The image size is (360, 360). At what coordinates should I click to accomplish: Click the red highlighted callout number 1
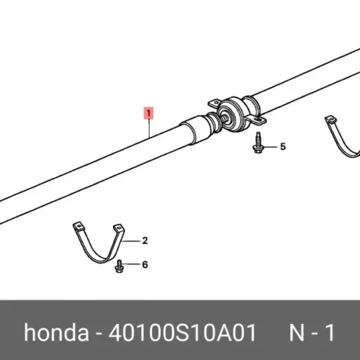[x=148, y=113]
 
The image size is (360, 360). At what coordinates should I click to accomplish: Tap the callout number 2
[x=145, y=240]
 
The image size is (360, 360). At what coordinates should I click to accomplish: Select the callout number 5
[x=283, y=146]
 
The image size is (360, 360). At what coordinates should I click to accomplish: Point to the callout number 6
[x=145, y=264]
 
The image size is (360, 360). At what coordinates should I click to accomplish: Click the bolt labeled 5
[x=258, y=143]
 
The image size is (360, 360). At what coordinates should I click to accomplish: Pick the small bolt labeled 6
[x=119, y=266]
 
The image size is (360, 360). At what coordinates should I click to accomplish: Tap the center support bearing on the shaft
[x=236, y=114]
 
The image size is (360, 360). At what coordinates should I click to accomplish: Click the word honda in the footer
[x=56, y=332]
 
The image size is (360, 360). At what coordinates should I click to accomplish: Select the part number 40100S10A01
[x=182, y=333]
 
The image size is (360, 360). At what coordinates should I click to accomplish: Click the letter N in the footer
[x=297, y=333]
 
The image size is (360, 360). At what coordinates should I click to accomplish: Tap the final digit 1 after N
[x=330, y=333]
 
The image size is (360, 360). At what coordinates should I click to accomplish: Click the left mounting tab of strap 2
[x=78, y=226]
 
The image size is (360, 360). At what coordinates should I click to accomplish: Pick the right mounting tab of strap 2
[x=119, y=228]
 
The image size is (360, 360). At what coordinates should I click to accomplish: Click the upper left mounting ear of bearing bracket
[x=215, y=104]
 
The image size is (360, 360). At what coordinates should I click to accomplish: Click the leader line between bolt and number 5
[x=270, y=147]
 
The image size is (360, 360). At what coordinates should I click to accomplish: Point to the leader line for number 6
[x=132, y=264]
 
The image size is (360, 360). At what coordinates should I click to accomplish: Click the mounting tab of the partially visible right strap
[x=331, y=120]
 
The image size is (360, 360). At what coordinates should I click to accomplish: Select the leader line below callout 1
[x=149, y=128]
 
